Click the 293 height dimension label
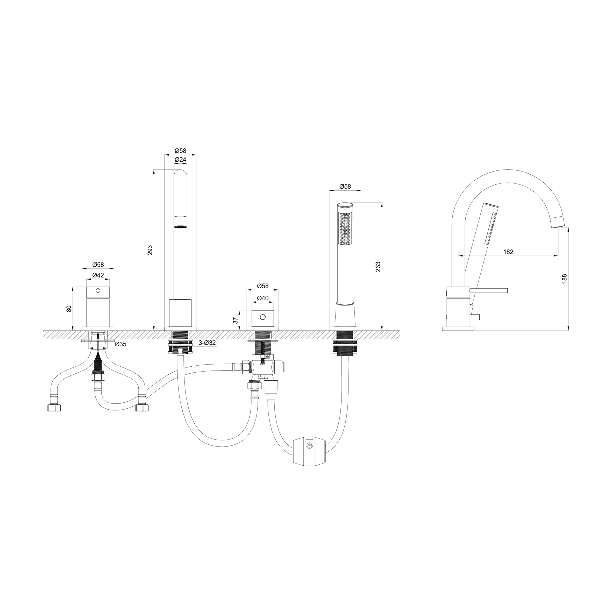(151, 250)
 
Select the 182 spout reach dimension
(508, 252)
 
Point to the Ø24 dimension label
(180, 160)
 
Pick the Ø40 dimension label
(263, 298)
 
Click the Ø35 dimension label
(120, 344)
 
